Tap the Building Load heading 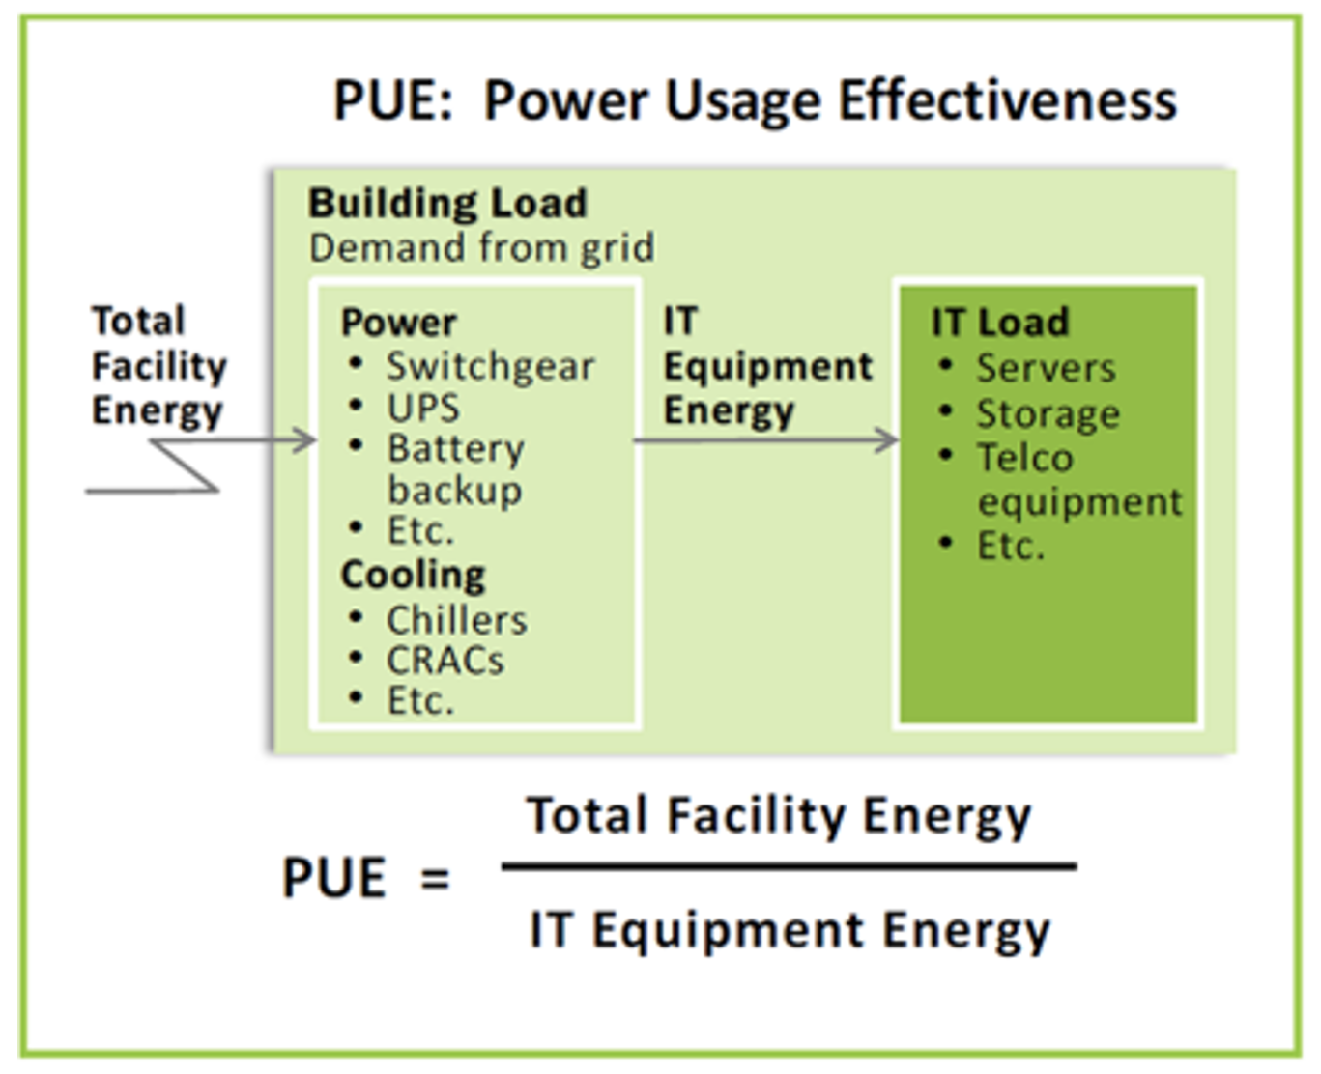point(447,203)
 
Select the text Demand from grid point(481,248)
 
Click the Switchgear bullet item point(490,367)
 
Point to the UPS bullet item point(423,408)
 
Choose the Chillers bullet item point(457,620)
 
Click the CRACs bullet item point(445,661)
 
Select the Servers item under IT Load point(1047,368)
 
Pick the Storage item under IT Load point(1048,414)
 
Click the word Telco point(1025,458)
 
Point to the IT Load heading point(1000,322)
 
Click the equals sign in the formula point(435,879)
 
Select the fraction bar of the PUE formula point(789,866)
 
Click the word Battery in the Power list point(456,449)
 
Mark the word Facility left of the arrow point(159,367)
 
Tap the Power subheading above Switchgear point(399,323)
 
